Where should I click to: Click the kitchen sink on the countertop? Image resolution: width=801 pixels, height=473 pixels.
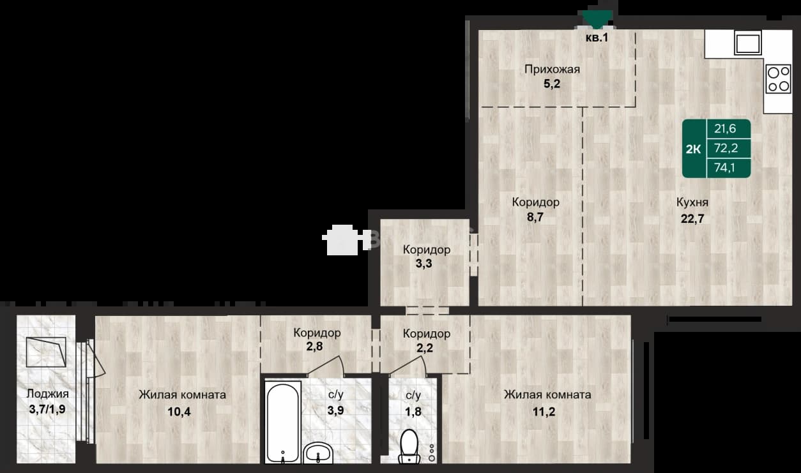[x=748, y=43]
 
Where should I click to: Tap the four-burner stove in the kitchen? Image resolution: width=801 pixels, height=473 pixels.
[x=779, y=79]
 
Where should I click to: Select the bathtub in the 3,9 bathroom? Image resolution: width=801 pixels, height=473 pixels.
[x=282, y=423]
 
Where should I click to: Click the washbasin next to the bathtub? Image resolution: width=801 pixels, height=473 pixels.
[x=318, y=453]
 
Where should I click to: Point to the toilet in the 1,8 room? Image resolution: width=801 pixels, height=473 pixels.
[x=409, y=447]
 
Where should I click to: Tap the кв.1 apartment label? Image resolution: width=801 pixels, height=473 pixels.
[x=597, y=37]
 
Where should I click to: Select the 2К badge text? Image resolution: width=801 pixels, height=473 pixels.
[x=693, y=149]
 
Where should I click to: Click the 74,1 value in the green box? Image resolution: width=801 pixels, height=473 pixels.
[x=724, y=167]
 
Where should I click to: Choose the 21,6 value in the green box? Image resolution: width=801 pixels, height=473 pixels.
[x=725, y=128]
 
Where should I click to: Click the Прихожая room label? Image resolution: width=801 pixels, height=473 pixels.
[x=552, y=70]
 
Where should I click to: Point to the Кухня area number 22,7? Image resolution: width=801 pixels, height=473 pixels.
[x=692, y=218]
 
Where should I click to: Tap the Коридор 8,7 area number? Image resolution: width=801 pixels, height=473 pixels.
[x=535, y=217]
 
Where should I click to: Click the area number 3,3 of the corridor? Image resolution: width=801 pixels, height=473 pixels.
[x=423, y=264]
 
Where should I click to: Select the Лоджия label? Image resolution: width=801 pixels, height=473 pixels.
[x=47, y=394]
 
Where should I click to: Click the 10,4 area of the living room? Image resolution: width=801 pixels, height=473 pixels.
[x=179, y=412]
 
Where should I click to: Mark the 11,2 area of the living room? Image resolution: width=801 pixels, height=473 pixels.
[x=544, y=412]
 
